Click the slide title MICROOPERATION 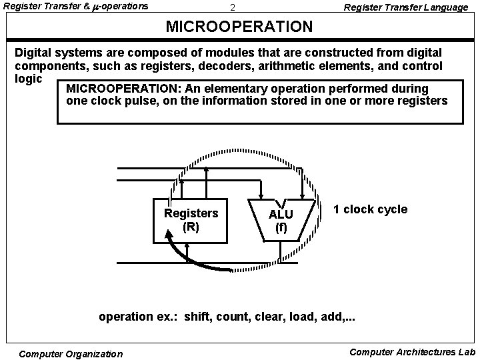pyautogui.click(x=239, y=27)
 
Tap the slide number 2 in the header pyautogui.click(x=232, y=8)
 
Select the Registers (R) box pyautogui.click(x=191, y=220)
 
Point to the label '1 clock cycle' pyautogui.click(x=370, y=209)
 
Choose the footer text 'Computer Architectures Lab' pyautogui.click(x=412, y=351)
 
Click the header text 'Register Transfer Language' pyautogui.click(x=405, y=7)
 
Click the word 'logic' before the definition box pyautogui.click(x=29, y=77)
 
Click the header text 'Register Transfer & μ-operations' pyautogui.click(x=77, y=7)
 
